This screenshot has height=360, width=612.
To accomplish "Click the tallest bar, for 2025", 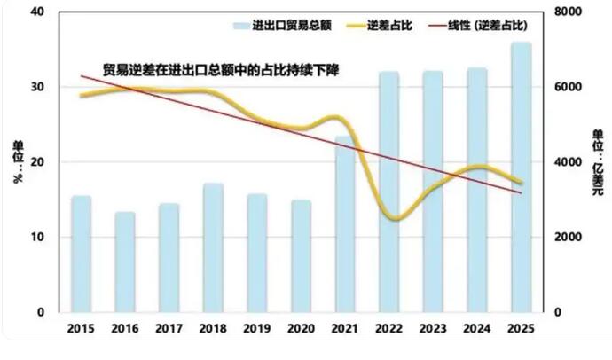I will pos(521,177).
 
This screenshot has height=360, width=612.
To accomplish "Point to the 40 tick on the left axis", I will pos(36,12).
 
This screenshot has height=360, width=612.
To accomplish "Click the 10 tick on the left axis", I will pos(36,237).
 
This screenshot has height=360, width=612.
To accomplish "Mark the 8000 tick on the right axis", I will pos(568,12).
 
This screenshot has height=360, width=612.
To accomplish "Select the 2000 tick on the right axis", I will pos(568,237).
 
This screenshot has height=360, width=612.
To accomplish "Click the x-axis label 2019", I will pos(257,329).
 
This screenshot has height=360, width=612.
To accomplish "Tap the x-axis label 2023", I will pos(433,329).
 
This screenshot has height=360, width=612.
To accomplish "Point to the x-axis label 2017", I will pos(169,329).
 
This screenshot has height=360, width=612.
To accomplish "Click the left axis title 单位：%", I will pos(17,161).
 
